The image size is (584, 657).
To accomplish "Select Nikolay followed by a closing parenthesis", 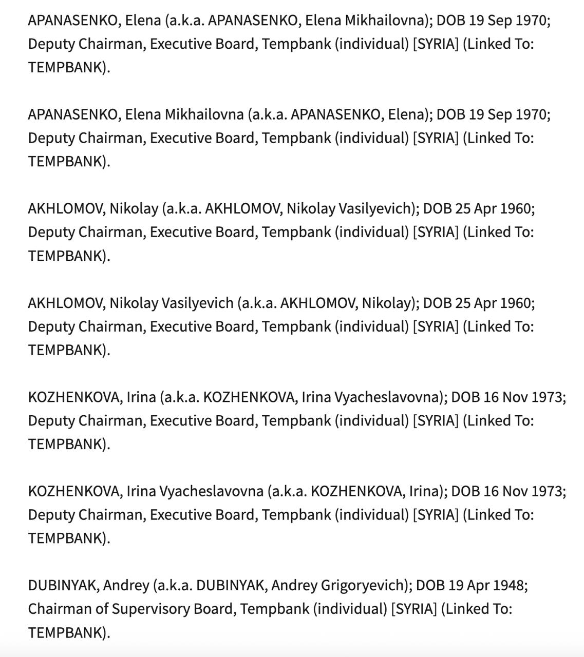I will tap(387, 303).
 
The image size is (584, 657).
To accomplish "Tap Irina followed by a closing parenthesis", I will tap(425, 491).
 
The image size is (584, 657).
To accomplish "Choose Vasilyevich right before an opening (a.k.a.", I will tap(197, 303).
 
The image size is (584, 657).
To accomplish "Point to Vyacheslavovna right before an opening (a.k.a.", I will tap(211, 491).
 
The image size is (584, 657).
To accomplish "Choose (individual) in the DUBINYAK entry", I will tap(350, 609).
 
